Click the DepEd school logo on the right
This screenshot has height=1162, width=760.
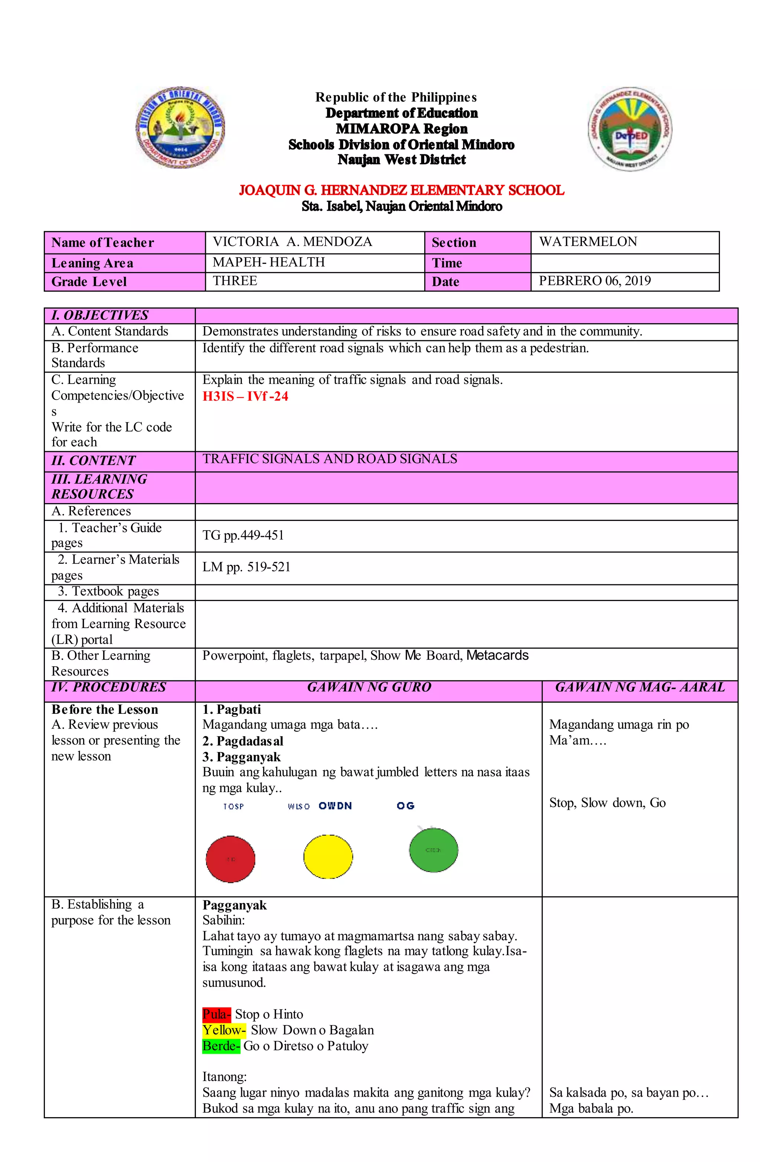coord(630,128)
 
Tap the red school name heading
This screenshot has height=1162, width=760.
coord(401,190)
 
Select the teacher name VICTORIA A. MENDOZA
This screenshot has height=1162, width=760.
coord(292,242)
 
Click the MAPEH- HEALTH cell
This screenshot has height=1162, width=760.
coord(268,262)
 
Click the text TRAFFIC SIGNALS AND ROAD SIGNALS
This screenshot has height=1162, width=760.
coord(330,459)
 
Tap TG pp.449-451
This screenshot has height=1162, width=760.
coord(243,535)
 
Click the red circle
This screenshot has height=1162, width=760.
coord(230,859)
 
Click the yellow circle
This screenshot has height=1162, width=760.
coord(328,856)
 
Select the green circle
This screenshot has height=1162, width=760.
coord(433,850)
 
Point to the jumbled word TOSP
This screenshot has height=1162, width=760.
coord(233,807)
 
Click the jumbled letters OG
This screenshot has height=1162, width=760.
coord(405,805)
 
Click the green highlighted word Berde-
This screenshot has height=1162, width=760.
coord(221,1046)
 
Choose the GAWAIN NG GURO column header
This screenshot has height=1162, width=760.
coord(369,687)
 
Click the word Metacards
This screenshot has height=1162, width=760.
coord(497,655)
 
